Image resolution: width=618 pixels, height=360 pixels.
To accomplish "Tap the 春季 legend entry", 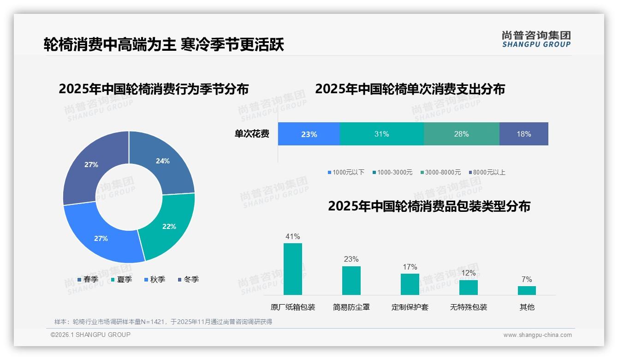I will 88,279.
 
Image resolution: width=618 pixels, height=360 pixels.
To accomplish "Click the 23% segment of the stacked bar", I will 309,134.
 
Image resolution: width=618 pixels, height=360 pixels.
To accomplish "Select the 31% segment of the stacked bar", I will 381,134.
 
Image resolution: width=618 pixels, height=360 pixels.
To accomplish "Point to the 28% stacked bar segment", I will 461,134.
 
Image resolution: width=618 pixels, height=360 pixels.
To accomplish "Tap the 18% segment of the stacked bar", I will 523,134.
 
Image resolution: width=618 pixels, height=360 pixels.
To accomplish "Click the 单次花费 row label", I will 252,134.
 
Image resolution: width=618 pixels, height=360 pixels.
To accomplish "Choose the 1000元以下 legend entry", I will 346,172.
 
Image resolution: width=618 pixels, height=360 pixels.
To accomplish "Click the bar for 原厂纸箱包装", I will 292,269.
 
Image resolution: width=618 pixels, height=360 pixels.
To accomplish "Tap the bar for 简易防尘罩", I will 351,281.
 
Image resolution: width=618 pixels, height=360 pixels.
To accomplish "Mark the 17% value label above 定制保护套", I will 410,267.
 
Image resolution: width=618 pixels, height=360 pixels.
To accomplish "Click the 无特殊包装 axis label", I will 469,307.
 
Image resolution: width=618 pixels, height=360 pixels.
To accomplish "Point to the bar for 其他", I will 527,290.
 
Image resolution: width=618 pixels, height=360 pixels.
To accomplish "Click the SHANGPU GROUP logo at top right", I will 536,39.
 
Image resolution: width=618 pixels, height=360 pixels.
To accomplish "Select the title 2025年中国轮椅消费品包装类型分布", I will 429,206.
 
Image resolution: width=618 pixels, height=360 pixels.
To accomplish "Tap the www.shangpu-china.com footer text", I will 537,335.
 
